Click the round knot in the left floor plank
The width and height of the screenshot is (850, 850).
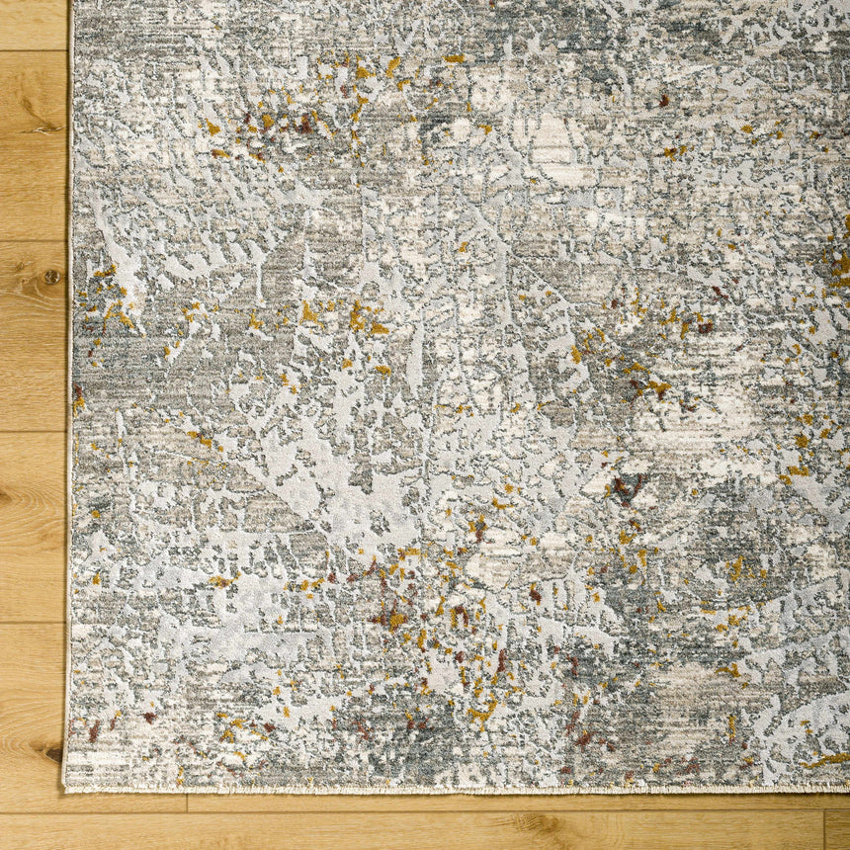pyautogui.click(x=50, y=277)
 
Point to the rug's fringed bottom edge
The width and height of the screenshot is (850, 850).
pyautogui.click(x=445, y=789)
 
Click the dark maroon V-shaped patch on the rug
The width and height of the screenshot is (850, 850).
pyautogui.click(x=626, y=486)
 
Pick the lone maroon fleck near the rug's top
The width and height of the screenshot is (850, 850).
pyautogui.click(x=663, y=100)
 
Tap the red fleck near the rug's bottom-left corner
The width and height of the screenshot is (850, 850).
pyautogui.click(x=94, y=732)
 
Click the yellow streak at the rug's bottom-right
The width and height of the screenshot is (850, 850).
pyautogui.click(x=825, y=760)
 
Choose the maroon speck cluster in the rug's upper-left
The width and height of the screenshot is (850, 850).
pyautogui.click(x=297, y=124)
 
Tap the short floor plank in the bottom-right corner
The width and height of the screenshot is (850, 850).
pyautogui.click(x=837, y=830)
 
